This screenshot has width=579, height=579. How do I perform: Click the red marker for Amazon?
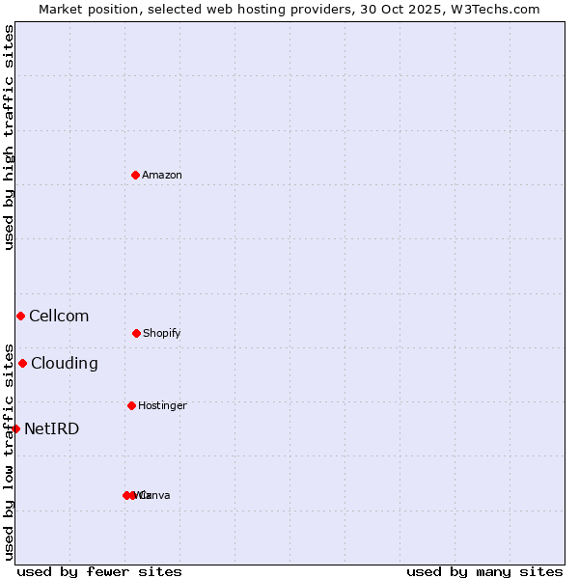135,175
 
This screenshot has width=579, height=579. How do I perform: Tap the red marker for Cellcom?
20,316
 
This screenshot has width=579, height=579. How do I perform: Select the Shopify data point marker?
136,333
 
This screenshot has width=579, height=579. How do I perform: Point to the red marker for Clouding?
22,363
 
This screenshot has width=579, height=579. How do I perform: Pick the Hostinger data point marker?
131,405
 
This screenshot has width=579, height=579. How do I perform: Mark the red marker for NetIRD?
15,428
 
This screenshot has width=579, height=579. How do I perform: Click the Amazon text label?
162,175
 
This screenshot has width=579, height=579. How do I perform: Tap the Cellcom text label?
59,316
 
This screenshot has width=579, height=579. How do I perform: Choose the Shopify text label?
162,333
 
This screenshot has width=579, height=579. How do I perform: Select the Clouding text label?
65,363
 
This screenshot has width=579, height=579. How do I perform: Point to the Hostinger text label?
162,405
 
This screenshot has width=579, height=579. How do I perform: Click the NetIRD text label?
52,428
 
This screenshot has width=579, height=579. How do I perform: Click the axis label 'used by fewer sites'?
99,571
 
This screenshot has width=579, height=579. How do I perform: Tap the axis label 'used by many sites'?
484,571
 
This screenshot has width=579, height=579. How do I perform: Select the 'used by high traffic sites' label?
9,136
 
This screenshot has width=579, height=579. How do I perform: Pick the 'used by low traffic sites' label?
9,451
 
